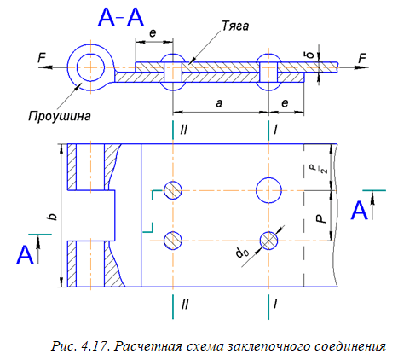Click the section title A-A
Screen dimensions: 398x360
click(120, 17)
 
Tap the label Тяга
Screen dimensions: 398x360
click(235, 26)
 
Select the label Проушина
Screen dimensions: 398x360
click(60, 116)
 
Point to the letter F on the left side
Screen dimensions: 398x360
click(42, 58)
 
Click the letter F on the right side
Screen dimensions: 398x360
click(362, 58)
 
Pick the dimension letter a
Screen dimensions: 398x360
click(219, 103)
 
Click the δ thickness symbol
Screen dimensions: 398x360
click(312, 54)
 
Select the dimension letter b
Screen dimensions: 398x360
click(53, 217)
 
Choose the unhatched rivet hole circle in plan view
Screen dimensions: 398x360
click(268, 190)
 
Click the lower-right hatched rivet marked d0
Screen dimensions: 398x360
click(268, 241)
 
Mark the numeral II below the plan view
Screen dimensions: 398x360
click(185, 305)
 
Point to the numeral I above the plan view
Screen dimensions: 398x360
click(275, 130)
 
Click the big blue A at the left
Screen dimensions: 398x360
click(25, 255)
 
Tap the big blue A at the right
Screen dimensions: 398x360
click(360, 210)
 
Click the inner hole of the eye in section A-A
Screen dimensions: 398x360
click(90, 67)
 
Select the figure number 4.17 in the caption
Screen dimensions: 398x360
click(95, 346)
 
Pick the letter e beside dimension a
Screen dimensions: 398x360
click(285, 103)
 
